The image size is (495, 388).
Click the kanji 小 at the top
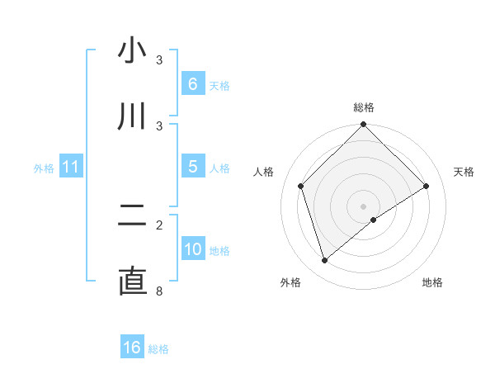[132, 51]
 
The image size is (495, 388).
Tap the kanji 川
[132, 117]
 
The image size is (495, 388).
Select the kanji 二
[132, 216]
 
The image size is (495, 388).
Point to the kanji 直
[132, 282]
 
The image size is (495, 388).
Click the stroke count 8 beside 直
[160, 290]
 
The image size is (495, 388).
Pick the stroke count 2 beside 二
[160, 224]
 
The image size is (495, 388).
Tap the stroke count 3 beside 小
[160, 59]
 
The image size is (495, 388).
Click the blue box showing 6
[192, 84]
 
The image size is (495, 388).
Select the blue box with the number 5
[192, 167]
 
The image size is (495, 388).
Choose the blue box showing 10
[192, 249]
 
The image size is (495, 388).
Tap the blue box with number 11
[71, 167]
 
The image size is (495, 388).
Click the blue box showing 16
[132, 348]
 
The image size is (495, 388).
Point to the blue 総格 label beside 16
[158, 349]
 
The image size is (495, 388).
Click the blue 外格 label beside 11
[44, 168]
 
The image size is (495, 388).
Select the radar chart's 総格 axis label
[364, 107]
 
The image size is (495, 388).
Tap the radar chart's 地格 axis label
[432, 283]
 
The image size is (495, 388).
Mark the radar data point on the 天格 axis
[427, 186]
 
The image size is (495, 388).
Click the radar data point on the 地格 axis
[374, 220]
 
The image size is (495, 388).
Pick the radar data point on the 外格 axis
[324, 261]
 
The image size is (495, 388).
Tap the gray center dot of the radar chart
[364, 206]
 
